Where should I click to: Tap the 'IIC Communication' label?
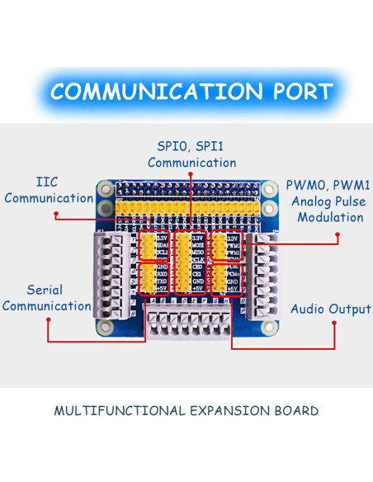[53, 190]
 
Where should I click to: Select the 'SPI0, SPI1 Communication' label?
[191, 154]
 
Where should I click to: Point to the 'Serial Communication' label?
[47, 298]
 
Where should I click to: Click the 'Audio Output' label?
[330, 309]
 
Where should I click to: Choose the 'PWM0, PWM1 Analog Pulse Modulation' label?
[324, 201]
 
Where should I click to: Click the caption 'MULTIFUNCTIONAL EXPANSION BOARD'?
[186, 410]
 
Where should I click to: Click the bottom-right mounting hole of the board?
[267, 327]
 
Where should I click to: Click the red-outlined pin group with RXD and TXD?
[151, 278]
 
